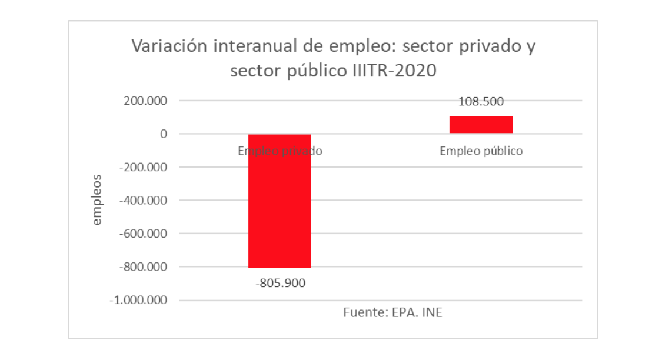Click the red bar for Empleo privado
pos(280,201)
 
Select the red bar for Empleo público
pos(481,125)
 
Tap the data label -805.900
pos(281,284)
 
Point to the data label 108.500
pos(481,101)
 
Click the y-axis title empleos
pos(97,200)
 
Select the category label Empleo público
pos(481,151)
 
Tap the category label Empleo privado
pos(280,151)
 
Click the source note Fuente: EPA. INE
pos(392,312)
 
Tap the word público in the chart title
pos(314,71)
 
